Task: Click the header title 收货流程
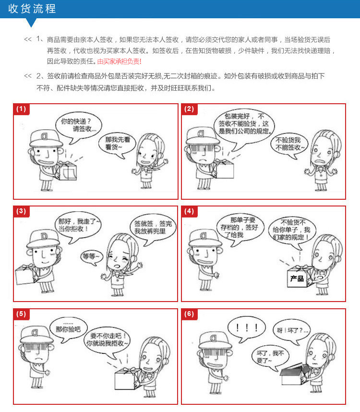[32, 9]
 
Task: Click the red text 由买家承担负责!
[119, 61]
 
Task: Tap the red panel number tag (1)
[21, 109]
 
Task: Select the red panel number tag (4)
[189, 211]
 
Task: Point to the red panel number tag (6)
[189, 314]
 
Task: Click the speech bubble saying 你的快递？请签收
[79, 126]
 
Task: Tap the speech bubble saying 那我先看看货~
[117, 144]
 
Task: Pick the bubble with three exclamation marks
[246, 328]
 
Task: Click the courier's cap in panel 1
[46, 138]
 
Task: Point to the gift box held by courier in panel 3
[25, 275]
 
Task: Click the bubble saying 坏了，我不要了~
[270, 357]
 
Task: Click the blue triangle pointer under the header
[31, 23]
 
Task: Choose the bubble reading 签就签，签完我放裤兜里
[153, 228]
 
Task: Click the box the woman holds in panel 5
[126, 379]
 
